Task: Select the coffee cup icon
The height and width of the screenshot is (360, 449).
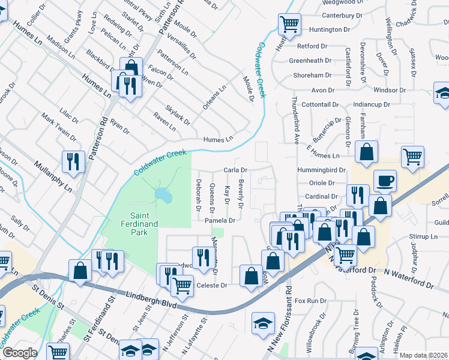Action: tap(385, 180)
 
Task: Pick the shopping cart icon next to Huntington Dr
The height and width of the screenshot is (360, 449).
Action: tap(289, 25)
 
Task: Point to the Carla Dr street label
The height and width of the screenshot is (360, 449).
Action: tap(236, 170)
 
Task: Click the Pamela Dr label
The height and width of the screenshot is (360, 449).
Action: tap(218, 220)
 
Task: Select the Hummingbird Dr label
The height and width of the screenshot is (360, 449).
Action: tap(321, 170)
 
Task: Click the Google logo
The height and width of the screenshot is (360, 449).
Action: tap(19, 353)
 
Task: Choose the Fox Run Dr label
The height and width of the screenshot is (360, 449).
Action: tap(310, 300)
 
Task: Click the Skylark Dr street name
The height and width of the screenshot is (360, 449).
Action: tap(178, 113)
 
